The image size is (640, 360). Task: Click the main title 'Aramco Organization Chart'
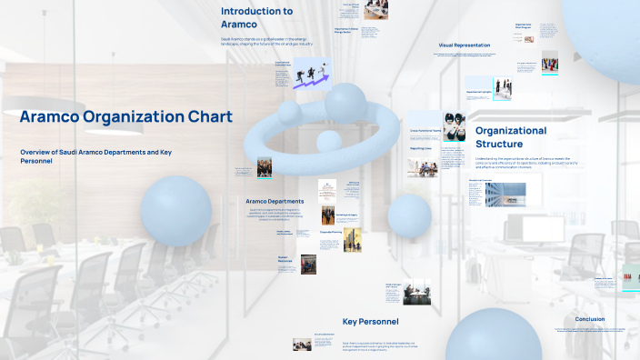coord(126,116)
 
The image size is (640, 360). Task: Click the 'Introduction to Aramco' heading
coord(256,17)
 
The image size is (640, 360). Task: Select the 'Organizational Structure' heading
coord(511,137)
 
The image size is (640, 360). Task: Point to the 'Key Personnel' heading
coord(370,321)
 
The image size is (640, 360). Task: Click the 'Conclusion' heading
coord(589,319)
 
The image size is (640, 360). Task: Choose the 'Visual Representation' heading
coord(465,45)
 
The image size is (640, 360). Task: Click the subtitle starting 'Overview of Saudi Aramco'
coord(95,155)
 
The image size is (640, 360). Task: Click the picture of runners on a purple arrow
coord(311,74)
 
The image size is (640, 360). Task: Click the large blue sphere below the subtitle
coord(175,211)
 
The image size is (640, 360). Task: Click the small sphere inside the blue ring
coord(328,141)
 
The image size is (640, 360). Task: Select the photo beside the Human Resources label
coord(309,264)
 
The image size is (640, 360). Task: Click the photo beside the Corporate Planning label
coord(352,240)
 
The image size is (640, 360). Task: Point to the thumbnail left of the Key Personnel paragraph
coord(302,345)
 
